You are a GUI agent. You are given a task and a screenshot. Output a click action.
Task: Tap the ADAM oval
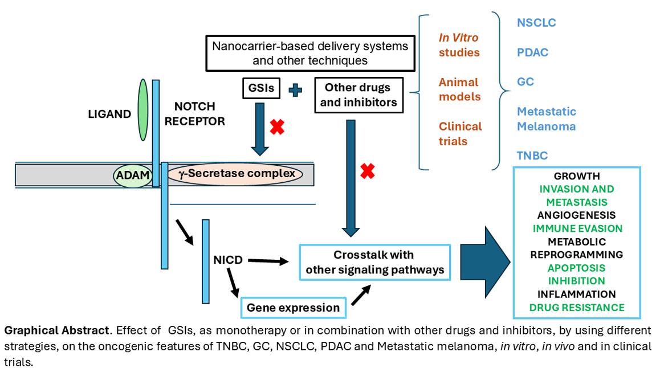(132, 175)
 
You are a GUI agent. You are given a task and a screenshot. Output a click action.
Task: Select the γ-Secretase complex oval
(234, 174)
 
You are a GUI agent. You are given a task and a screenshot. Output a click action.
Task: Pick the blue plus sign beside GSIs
(295, 89)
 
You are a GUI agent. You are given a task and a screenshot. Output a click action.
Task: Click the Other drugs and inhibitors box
(357, 95)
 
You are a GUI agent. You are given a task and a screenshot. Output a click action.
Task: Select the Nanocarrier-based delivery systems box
(310, 53)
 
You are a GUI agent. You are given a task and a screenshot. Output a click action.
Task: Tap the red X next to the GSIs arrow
(277, 126)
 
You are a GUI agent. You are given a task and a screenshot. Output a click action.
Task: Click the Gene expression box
(293, 308)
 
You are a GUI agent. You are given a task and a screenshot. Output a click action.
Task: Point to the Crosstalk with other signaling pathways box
(374, 262)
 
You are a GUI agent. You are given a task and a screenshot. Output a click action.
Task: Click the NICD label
(228, 260)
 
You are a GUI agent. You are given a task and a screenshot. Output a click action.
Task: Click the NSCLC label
(536, 23)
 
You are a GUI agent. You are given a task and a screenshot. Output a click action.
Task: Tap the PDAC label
(532, 52)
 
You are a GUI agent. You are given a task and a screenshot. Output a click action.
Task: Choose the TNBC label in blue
(532, 155)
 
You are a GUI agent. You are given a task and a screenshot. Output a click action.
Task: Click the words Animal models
(459, 89)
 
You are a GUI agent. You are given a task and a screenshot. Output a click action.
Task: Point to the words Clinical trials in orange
(460, 133)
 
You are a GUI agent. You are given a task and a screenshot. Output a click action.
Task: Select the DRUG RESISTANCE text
(576, 308)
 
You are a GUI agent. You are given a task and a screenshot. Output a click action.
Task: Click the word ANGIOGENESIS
(576, 215)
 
